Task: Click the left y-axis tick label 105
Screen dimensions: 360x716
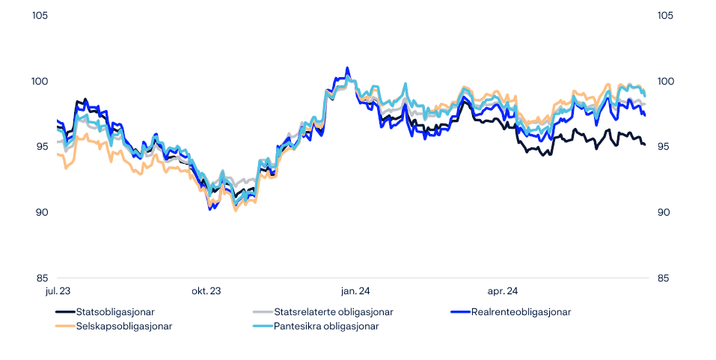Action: [40, 16]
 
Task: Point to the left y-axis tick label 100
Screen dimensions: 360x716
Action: [40, 82]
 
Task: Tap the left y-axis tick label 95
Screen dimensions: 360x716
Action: [42, 147]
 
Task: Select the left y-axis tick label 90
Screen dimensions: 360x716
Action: [42, 213]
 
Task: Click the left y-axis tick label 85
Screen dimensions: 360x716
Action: [42, 278]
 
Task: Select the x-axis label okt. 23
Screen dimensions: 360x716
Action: [206, 290]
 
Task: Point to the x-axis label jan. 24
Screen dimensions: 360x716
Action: [355, 290]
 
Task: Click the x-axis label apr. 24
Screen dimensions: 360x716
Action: [503, 290]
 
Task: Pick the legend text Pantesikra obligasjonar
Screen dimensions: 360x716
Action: [326, 326]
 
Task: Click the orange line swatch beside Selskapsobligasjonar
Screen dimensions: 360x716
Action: [64, 326]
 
